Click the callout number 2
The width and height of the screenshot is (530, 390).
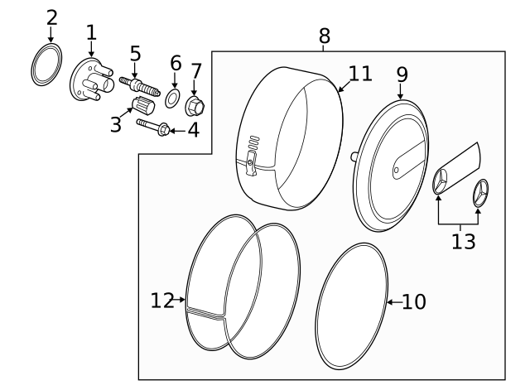coord(52,17)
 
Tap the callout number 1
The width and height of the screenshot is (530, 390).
coord(91,33)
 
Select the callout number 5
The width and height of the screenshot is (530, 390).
coord(136,55)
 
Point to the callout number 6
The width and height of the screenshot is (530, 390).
coord(175,63)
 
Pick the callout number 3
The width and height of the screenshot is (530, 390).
coord(116,125)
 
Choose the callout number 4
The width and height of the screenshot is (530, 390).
coord(193,130)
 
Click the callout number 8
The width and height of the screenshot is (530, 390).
coord(324,36)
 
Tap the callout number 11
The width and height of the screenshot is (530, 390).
coord(360,74)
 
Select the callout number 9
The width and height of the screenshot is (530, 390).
coord(402,74)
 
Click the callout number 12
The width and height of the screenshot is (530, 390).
coord(162,300)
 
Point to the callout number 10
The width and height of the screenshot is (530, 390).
coord(413,302)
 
